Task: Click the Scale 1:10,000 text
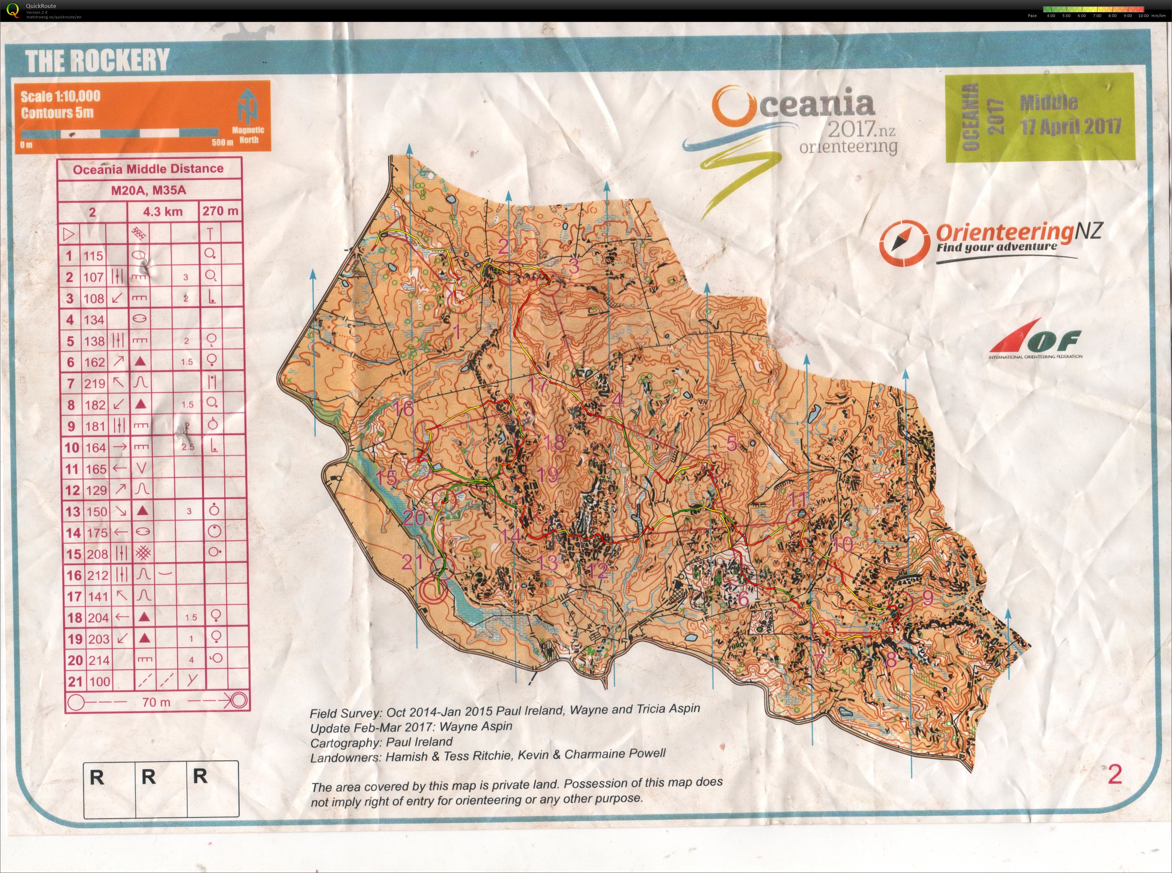[60, 96]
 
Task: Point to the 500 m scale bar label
[222, 142]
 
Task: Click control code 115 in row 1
[93, 256]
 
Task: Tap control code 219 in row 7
[95, 384]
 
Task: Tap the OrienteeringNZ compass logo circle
[904, 243]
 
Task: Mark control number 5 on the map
[731, 443]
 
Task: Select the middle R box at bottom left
[149, 777]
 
